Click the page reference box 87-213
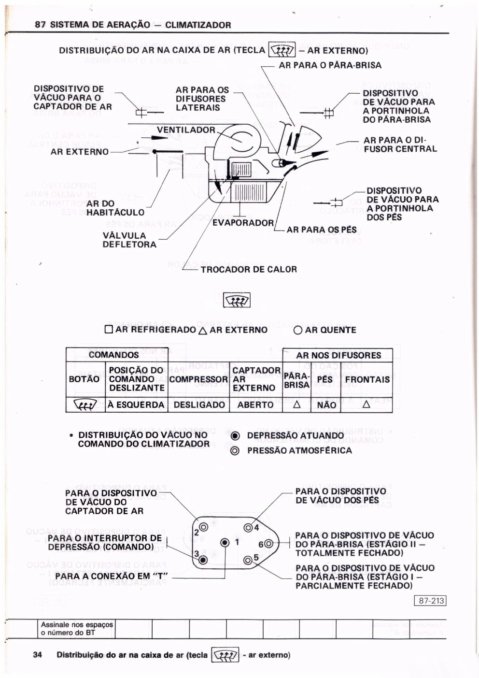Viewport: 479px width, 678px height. (431, 601)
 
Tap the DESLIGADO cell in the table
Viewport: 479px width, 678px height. (199, 404)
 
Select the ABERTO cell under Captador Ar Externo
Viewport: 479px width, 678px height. (255, 404)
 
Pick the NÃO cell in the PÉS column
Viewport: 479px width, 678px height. (326, 405)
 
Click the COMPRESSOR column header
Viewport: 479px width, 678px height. (198, 379)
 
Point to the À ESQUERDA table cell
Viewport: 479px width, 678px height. (136, 404)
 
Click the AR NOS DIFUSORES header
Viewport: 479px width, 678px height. (338, 355)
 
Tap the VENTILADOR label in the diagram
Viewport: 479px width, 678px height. (186, 130)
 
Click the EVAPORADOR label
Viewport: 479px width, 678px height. (243, 223)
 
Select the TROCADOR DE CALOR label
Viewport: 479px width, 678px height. (249, 269)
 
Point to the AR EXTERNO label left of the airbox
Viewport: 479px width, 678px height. (80, 152)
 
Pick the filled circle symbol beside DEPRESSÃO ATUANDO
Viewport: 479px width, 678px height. (235, 435)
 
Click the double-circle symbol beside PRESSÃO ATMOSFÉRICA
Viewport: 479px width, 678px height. (235, 451)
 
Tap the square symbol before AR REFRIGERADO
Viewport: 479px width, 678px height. (109, 330)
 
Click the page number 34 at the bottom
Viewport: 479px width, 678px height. (38, 655)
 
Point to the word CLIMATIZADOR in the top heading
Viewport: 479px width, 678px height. (198, 25)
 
